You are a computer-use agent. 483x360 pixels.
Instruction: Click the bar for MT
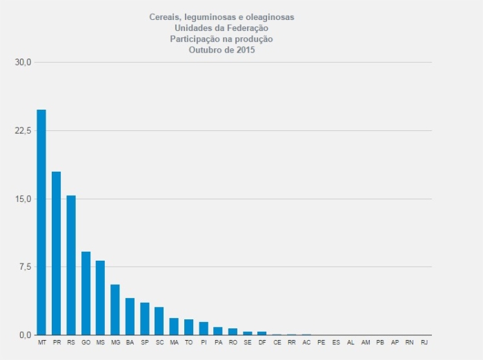(x=41, y=222)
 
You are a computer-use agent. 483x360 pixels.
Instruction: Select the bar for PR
(x=57, y=253)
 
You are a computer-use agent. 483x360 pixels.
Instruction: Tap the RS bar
(x=71, y=265)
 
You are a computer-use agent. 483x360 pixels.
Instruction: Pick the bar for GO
(x=86, y=293)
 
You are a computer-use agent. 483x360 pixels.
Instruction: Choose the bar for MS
(x=100, y=298)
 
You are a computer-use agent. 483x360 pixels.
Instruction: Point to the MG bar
(x=115, y=310)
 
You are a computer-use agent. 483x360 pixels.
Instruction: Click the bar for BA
(x=130, y=317)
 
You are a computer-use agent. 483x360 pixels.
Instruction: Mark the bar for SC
(x=159, y=321)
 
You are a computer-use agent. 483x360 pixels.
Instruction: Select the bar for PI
(x=204, y=328)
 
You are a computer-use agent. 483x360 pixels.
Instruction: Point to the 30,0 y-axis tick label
(x=23, y=63)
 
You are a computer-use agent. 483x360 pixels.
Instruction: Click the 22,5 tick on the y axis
(x=23, y=131)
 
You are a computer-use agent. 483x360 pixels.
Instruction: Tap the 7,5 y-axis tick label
(x=26, y=268)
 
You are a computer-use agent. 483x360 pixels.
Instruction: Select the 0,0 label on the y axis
(x=26, y=336)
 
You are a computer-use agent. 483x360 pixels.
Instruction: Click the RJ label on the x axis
(x=424, y=343)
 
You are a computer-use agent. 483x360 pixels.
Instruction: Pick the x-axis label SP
(x=144, y=343)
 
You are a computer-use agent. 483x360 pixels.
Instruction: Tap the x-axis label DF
(x=262, y=343)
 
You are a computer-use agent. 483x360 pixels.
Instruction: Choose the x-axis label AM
(x=365, y=343)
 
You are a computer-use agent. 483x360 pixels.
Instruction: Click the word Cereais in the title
(x=164, y=17)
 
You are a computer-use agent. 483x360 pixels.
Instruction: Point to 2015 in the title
(x=245, y=50)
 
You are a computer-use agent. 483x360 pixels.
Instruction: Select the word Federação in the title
(x=246, y=28)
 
